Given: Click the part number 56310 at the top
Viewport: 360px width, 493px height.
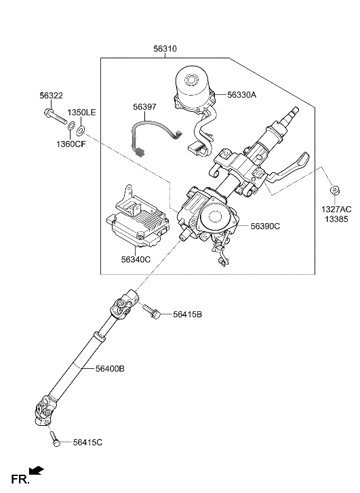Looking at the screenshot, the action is point(165,49).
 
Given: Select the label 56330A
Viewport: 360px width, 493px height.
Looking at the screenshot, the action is point(242,95).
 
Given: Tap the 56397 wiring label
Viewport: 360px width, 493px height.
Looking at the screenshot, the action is point(144,107).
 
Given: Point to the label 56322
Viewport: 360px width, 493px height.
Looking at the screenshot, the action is point(52,96).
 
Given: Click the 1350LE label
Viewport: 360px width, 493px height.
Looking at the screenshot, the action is point(82,113).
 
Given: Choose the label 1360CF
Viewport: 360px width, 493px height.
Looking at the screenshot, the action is point(71,144).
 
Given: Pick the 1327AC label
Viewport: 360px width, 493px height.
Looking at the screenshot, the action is point(336,210).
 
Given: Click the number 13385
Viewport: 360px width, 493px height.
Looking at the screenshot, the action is point(336,219).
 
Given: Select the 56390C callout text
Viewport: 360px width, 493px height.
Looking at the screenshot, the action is point(265,226).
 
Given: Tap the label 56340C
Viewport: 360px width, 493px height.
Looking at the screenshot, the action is point(136,260).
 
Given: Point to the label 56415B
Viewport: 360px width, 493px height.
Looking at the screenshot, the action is point(187,315).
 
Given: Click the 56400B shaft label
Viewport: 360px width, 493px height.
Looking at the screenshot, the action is point(110,368).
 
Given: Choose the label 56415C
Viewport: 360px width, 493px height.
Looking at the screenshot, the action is point(87,443).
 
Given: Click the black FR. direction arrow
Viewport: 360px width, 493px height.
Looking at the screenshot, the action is point(36,470).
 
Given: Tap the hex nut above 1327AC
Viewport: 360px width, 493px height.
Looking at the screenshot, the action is point(335,191).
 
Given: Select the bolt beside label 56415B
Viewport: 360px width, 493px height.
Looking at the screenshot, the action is point(152,311).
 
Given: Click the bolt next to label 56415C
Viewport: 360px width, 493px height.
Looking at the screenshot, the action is point(55,439).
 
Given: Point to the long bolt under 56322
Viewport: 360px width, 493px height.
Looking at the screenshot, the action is point(56,117).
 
